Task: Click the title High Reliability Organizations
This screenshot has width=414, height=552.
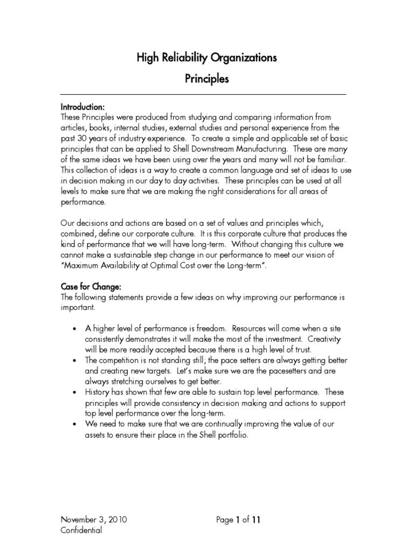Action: coord(207,58)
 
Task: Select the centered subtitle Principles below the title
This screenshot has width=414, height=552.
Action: coord(207,79)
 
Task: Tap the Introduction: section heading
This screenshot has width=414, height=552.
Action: coord(82,107)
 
